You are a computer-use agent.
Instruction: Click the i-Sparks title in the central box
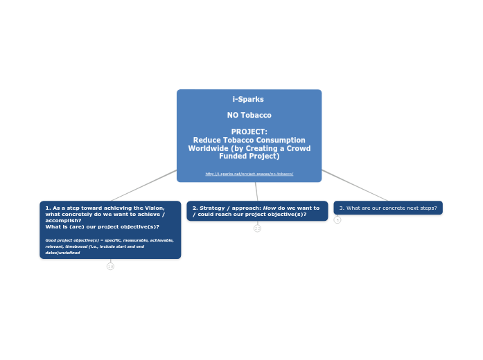(x=249, y=100)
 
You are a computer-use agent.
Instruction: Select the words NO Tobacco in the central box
(x=249, y=115)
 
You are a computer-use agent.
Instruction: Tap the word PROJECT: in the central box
(x=249, y=132)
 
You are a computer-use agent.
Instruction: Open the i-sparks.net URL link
(x=249, y=174)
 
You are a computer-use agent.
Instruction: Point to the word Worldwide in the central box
(x=211, y=148)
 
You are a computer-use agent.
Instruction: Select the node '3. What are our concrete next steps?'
(x=388, y=208)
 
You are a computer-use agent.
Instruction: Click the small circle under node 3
(x=337, y=219)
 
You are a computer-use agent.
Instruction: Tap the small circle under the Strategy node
(x=257, y=228)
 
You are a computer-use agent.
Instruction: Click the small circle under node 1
(x=110, y=266)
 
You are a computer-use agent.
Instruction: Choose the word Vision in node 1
(x=154, y=208)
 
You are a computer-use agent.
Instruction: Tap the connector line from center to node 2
(x=256, y=191)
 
